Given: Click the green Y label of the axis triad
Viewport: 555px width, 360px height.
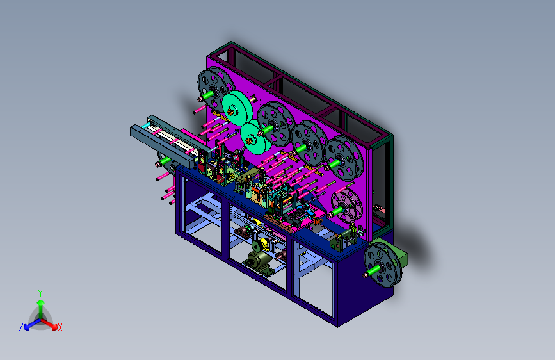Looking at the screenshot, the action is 40,293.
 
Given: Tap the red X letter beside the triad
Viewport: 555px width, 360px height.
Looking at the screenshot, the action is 60,327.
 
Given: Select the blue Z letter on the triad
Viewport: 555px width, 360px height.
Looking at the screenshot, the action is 21,327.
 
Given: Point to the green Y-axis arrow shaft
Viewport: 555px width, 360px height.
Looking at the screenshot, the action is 41,309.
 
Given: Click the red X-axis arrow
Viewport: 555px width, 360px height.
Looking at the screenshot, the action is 49,323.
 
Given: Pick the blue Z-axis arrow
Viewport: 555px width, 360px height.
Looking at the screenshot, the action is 33,323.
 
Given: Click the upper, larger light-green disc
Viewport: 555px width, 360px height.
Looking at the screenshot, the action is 237,108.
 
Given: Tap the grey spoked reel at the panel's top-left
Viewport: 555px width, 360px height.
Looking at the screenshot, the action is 216,88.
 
